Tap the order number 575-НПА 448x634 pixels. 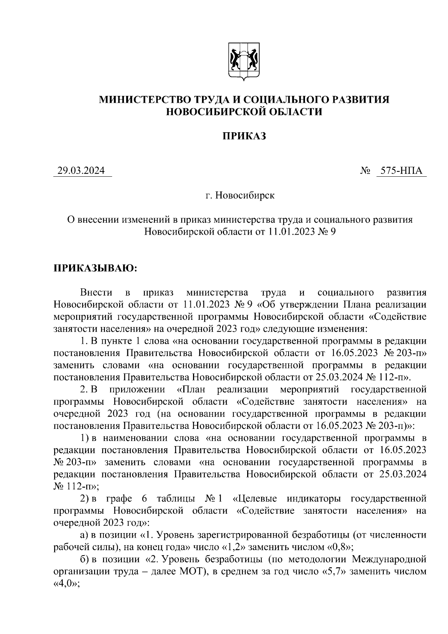[401, 171]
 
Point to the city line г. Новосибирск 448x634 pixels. [240, 195]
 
